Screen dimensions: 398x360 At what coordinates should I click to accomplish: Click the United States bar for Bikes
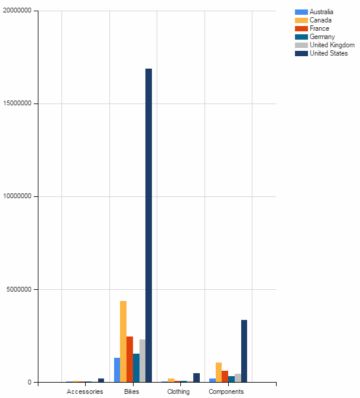tap(148, 225)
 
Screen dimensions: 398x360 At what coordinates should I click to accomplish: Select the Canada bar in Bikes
tap(123, 341)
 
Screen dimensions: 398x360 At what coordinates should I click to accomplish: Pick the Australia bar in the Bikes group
tap(117, 370)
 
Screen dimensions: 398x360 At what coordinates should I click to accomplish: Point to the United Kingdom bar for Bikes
tap(142, 361)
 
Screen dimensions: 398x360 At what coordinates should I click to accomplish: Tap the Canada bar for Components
tap(219, 372)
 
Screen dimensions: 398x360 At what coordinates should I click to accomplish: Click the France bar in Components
tap(225, 376)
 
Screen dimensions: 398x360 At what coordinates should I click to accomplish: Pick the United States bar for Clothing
tap(196, 377)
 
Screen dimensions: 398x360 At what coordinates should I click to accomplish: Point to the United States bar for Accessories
tap(101, 380)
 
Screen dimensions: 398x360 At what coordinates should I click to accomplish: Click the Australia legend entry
tap(322, 12)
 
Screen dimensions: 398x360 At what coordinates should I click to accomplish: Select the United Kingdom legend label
tap(332, 45)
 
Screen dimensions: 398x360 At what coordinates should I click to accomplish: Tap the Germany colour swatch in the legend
tap(301, 37)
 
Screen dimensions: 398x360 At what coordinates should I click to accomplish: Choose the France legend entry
tap(319, 28)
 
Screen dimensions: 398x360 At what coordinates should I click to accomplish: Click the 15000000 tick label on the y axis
tap(20, 103)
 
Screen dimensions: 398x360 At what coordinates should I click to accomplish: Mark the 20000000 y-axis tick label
tap(20, 11)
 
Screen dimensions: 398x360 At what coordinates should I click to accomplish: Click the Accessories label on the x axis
tap(85, 391)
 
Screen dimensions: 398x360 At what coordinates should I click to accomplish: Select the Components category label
tap(226, 391)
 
